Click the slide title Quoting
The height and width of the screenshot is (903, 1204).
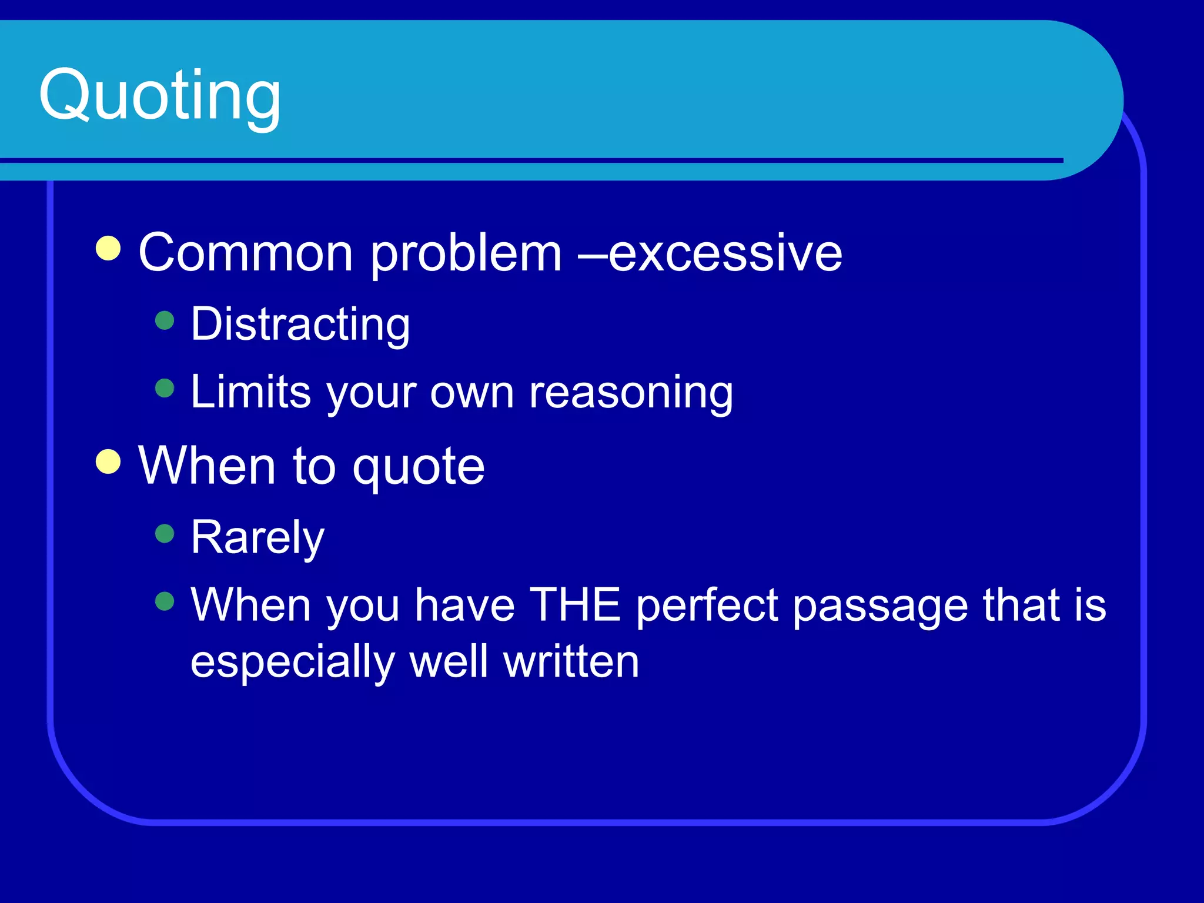click(160, 95)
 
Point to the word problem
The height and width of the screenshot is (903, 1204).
click(466, 254)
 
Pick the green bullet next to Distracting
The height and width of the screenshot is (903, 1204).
click(165, 320)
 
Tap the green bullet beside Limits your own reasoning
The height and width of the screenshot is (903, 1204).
click(165, 388)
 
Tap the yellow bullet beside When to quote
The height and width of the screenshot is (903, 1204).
click(108, 461)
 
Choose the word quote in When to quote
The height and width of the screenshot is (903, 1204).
click(419, 467)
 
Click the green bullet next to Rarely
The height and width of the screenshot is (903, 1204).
click(165, 533)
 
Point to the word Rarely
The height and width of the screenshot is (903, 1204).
click(257, 537)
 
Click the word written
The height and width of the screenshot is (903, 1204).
click(571, 661)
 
